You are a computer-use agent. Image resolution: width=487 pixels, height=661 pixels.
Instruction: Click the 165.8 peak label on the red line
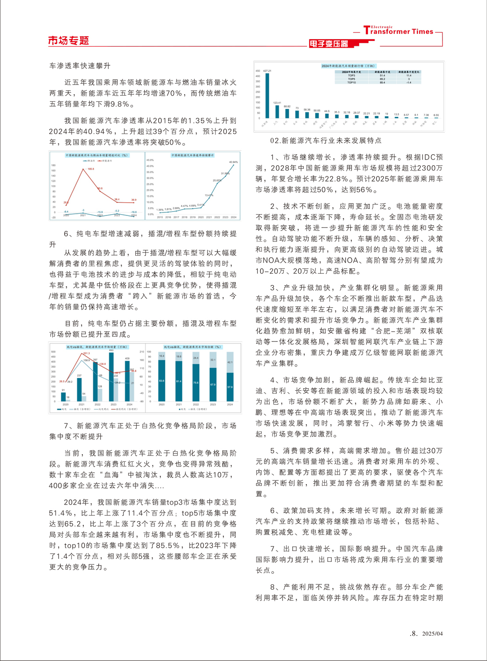tap(90, 169)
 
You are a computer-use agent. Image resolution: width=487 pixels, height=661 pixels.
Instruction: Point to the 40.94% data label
tap(233, 162)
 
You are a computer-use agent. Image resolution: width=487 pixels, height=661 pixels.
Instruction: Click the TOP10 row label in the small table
tap(351, 82)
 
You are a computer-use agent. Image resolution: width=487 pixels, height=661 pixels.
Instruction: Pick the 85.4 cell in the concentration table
tap(382, 82)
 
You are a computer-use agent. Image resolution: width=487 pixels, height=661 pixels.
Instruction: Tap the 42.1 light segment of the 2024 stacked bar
tap(230, 362)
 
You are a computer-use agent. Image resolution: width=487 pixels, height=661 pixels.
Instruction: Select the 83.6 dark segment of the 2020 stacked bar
tap(162, 380)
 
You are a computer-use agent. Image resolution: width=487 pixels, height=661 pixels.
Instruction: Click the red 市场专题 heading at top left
tap(68, 41)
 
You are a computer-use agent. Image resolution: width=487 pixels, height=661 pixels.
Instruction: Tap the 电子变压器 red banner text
tap(328, 44)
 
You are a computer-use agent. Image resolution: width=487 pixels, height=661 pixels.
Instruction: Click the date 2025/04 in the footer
tap(432, 634)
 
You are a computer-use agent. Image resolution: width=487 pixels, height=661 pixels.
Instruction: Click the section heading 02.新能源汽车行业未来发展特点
tap(326, 141)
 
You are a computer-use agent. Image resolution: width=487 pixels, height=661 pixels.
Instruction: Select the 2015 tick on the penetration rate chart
tap(160, 217)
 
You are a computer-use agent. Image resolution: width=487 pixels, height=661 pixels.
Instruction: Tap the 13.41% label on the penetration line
tap(208, 195)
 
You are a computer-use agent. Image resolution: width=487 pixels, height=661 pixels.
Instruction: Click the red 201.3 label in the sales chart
tap(86, 353)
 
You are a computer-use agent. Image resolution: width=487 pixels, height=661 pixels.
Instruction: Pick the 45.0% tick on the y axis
tap(150, 160)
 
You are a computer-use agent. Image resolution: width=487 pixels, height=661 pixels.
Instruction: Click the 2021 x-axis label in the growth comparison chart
tap(83, 215)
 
